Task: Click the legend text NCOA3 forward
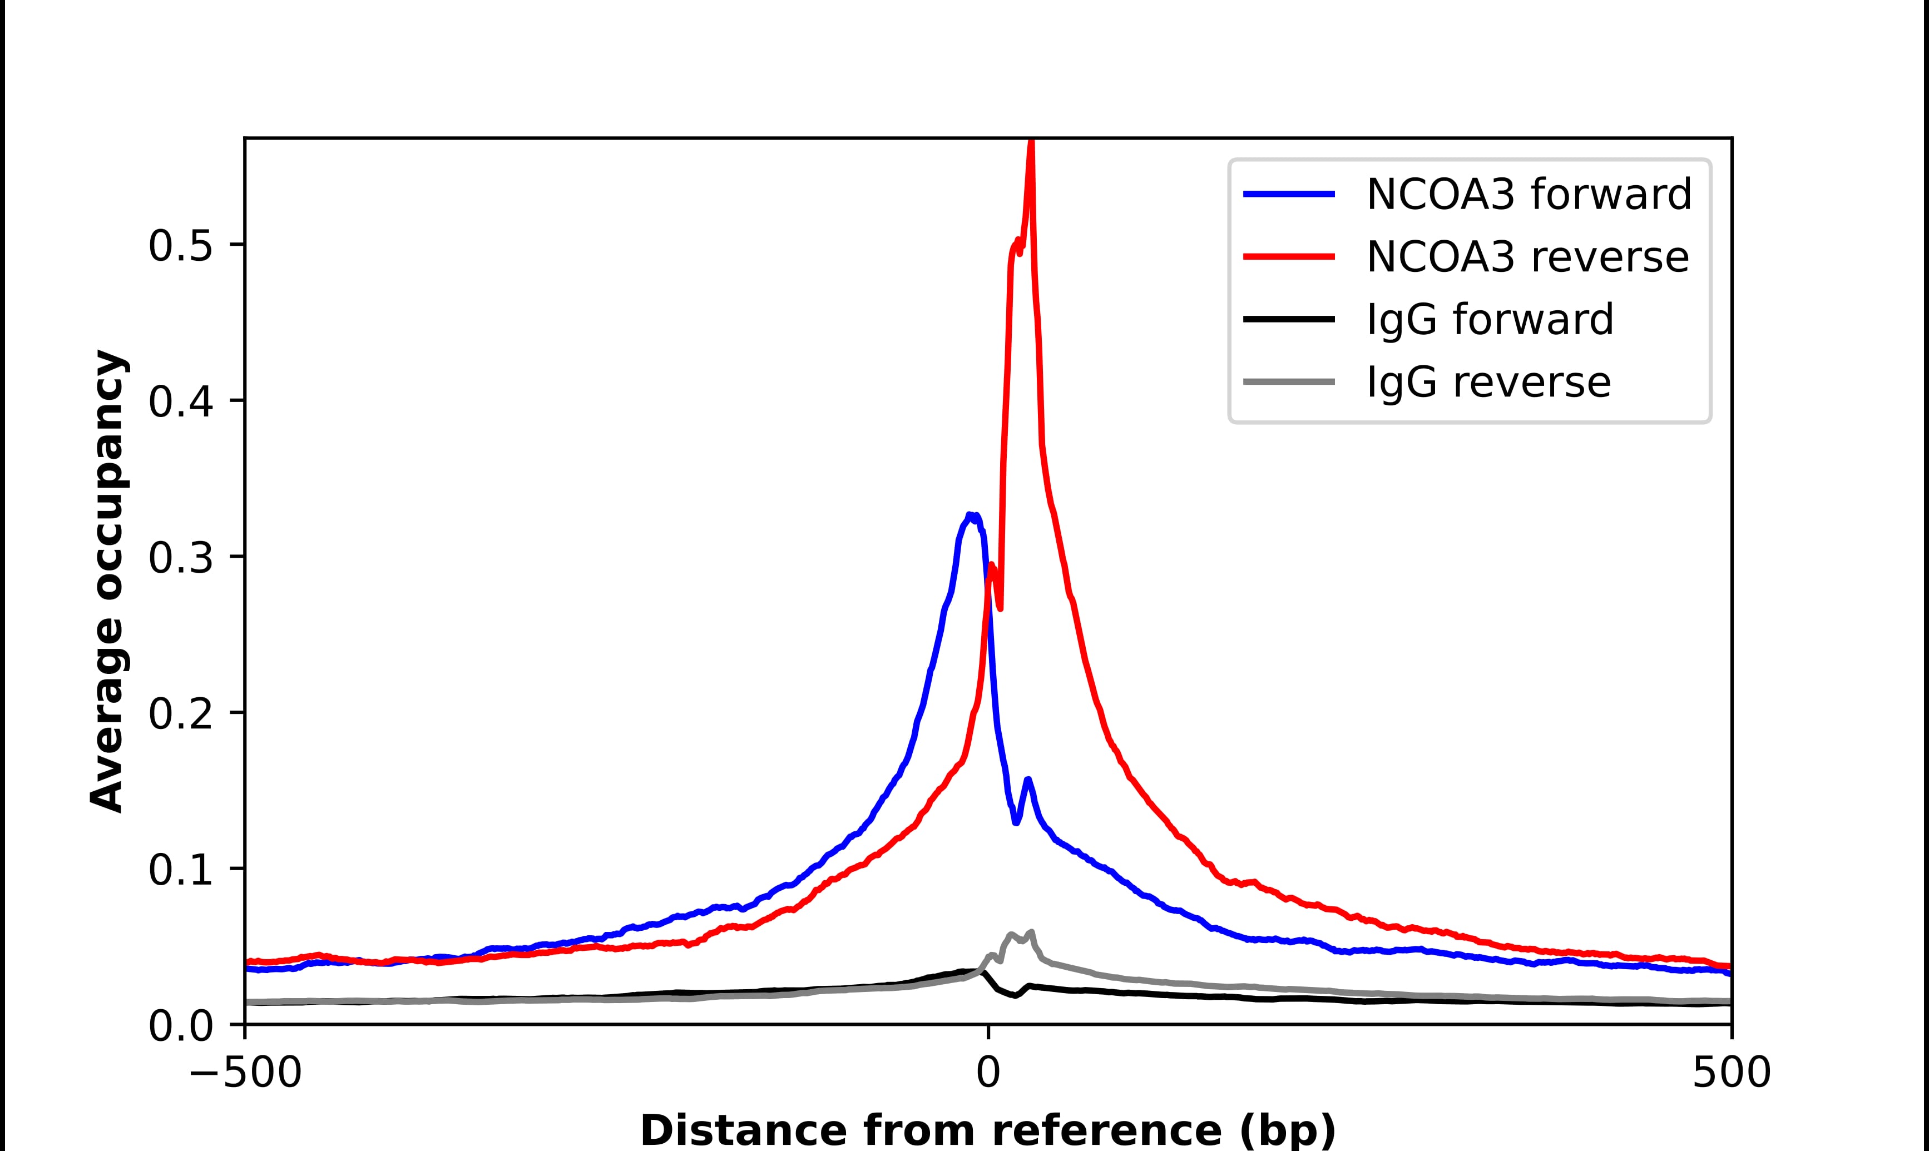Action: (x=1528, y=194)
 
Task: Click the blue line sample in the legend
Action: (x=1289, y=194)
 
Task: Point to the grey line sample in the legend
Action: (x=1289, y=381)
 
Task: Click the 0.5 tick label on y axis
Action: (x=180, y=247)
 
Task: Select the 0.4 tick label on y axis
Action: (x=180, y=403)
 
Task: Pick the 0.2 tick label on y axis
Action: (x=180, y=715)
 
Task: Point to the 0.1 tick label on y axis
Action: (x=180, y=871)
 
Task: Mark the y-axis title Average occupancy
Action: (x=107, y=582)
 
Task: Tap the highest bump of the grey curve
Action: (x=1031, y=932)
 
